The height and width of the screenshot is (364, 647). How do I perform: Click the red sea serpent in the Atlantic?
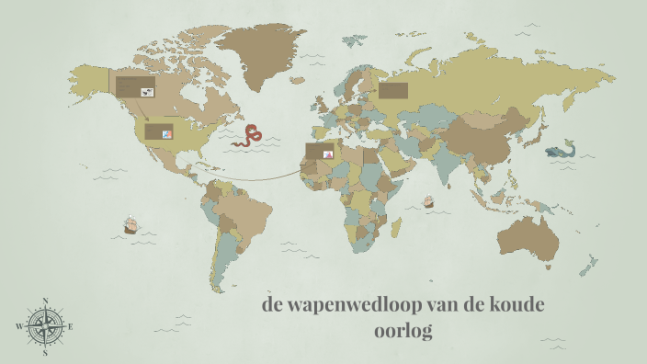[x=247, y=137]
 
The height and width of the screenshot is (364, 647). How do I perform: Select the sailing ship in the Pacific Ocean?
[x=131, y=224]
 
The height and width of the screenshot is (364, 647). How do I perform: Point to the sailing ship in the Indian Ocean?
[x=427, y=201]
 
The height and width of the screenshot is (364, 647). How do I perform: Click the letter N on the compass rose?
[x=45, y=301]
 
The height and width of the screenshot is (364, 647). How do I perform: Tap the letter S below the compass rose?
[x=45, y=351]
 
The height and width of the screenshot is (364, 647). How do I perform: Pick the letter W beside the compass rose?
[x=19, y=326]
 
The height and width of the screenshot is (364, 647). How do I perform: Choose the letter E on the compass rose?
[x=71, y=326]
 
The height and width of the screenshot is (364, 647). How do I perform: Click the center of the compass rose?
[x=45, y=326]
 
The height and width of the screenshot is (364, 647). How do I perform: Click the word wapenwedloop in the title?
[x=345, y=305]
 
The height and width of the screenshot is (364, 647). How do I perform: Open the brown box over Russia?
[x=392, y=90]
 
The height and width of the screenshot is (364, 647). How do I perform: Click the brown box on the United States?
[x=159, y=132]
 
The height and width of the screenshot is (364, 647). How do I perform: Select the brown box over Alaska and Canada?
[x=134, y=87]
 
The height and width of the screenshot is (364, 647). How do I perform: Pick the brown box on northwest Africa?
[x=320, y=153]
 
